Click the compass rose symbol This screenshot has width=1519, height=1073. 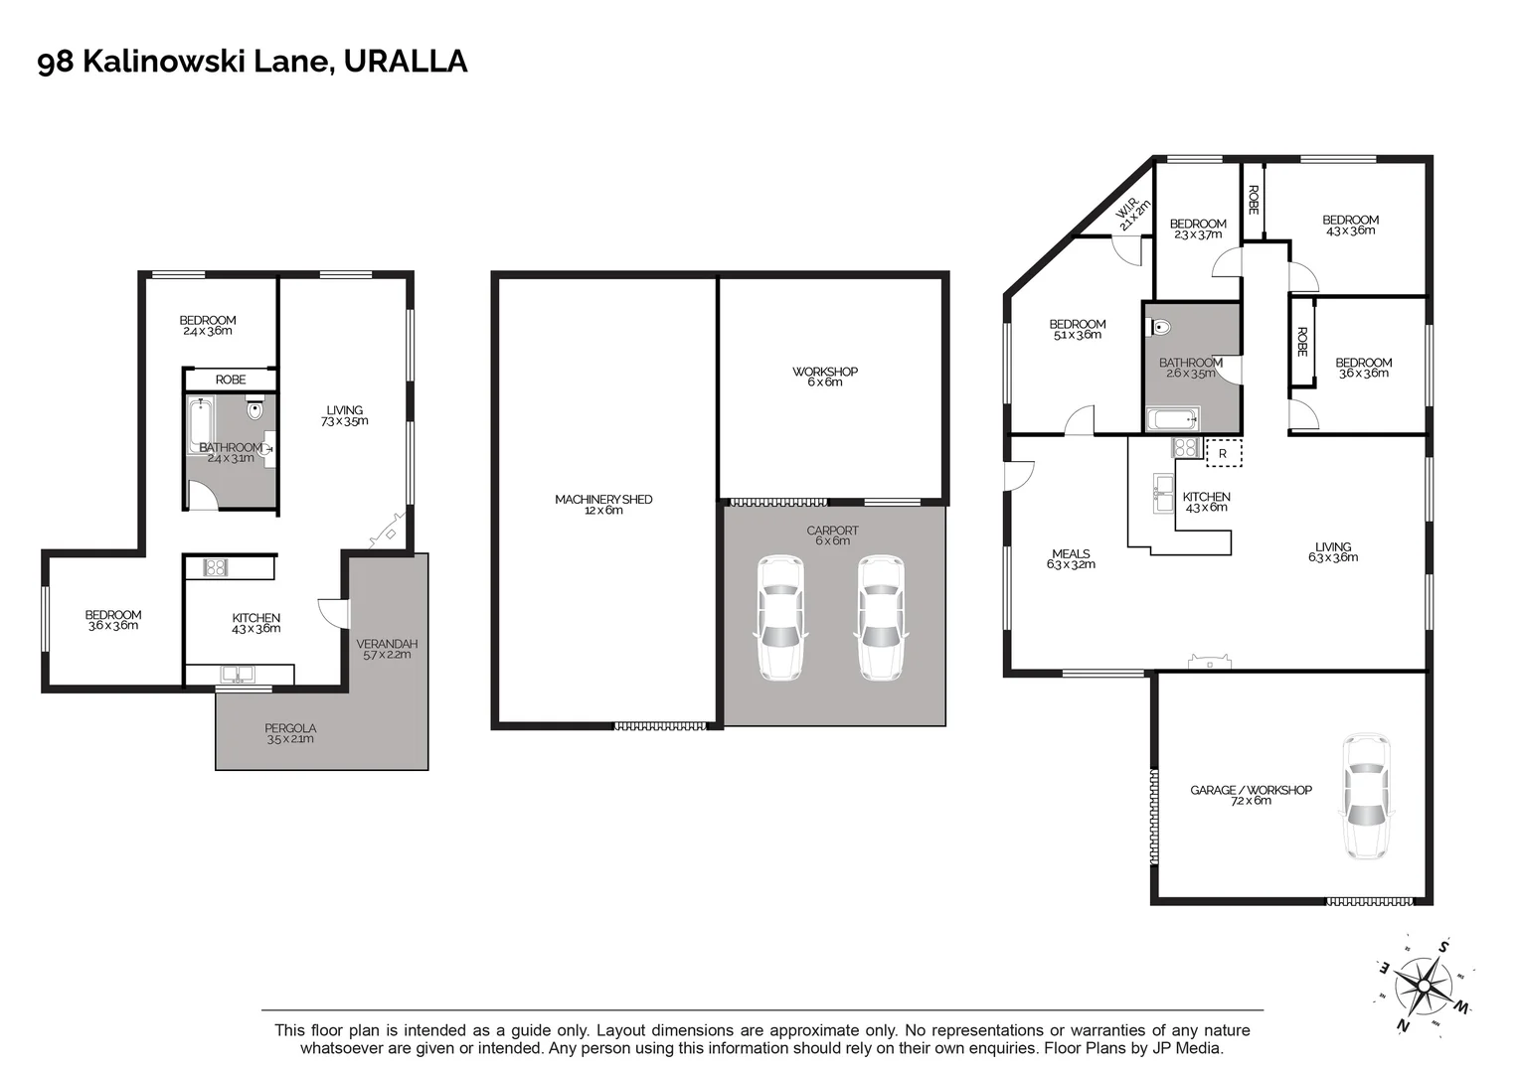1425,985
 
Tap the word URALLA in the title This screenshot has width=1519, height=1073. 405,62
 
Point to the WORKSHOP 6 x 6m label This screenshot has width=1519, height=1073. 824,377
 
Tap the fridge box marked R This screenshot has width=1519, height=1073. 1223,453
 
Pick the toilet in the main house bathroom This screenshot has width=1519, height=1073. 1162,326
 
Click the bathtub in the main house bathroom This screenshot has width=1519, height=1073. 1172,418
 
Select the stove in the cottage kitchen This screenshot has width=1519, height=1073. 216,567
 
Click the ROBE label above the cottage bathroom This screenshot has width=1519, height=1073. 231,380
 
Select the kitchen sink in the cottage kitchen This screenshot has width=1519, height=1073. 237,675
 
